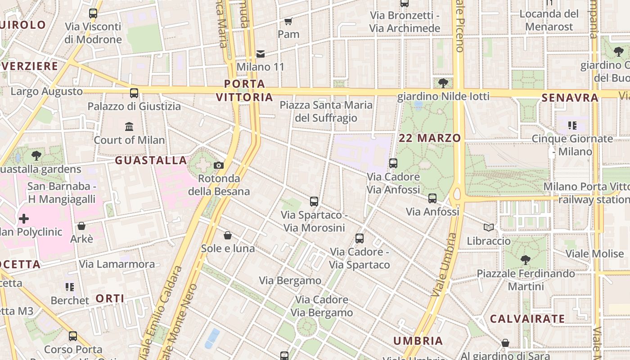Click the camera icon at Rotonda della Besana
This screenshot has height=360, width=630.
pos(219,165)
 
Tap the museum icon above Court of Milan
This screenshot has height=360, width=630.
pos(129,126)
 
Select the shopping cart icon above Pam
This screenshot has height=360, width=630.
pos(288,21)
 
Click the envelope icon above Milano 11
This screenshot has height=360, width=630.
pos(261,54)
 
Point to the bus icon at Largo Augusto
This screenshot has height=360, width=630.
pos(134,93)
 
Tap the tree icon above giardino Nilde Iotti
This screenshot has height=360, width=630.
pos(443,83)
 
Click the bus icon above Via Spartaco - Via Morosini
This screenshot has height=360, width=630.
pos(314,201)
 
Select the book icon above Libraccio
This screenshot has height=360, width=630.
pos(489,228)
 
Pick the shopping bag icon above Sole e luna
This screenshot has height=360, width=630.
pos(228,235)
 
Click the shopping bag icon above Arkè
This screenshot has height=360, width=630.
pos(81,225)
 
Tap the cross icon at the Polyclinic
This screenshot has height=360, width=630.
pos(24,219)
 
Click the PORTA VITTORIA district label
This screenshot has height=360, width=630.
pos(244,90)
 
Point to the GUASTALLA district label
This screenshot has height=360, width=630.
pos(151,160)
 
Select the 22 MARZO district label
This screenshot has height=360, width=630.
pos(430,138)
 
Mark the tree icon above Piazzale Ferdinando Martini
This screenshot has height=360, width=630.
pos(525,260)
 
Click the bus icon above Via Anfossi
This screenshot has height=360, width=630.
pos(432,198)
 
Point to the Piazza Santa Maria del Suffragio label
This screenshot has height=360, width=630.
pos(326,112)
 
